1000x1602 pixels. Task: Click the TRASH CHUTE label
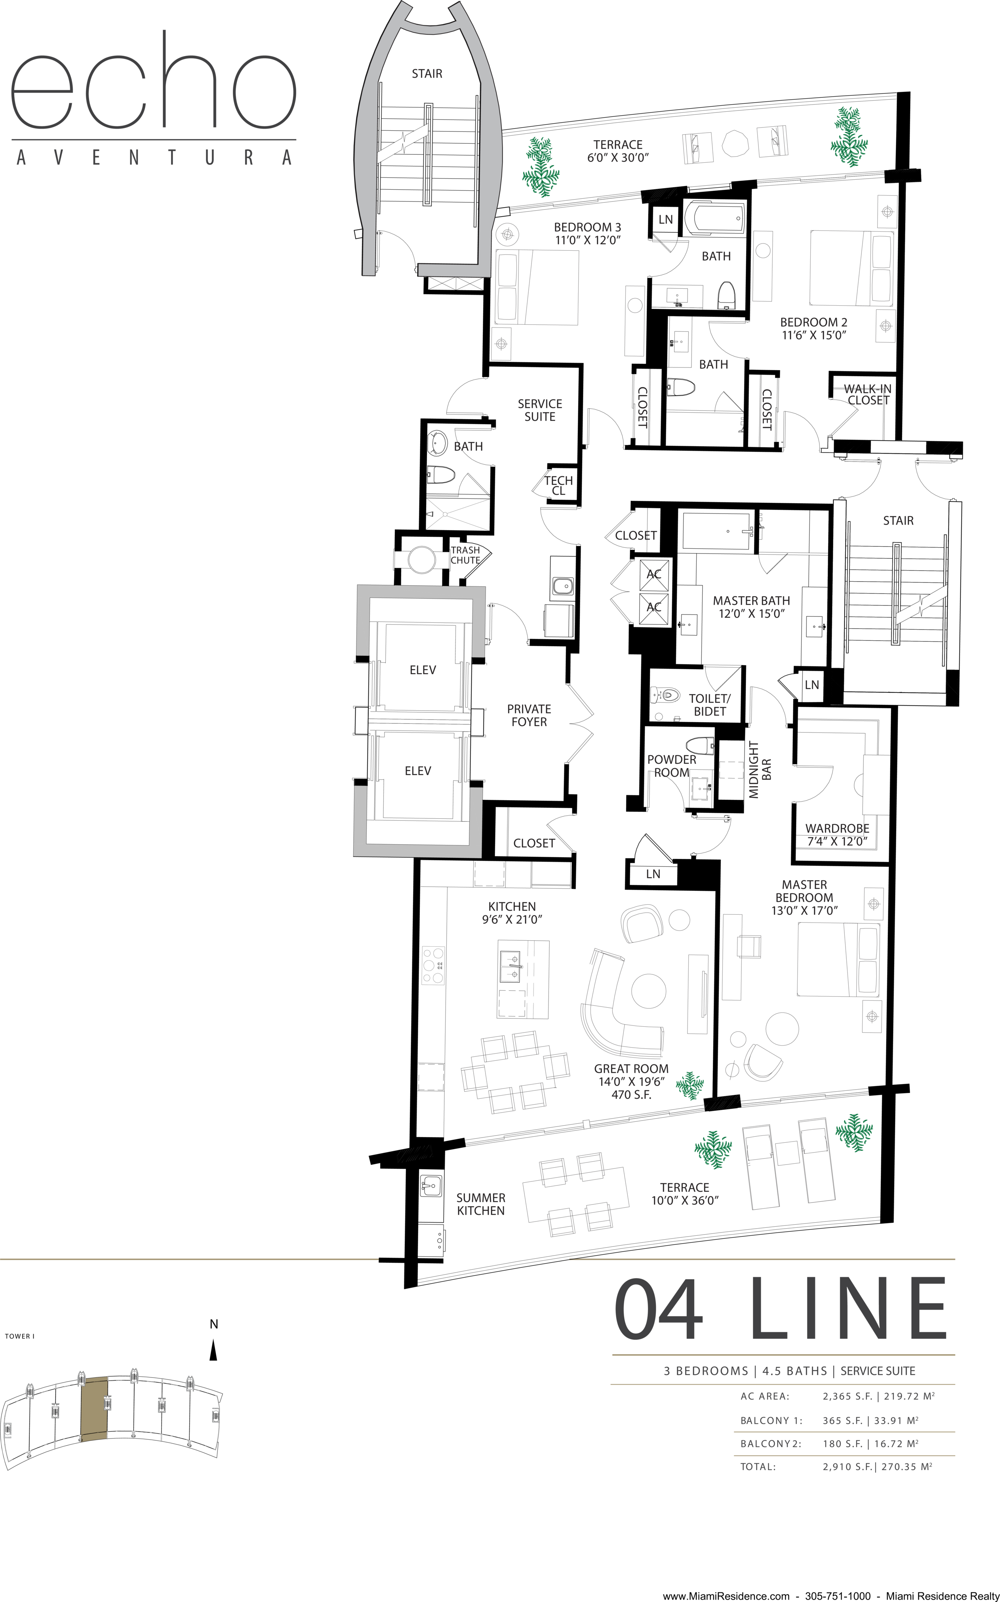tap(466, 555)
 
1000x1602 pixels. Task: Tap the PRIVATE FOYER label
tap(529, 715)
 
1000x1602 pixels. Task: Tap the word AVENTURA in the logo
tap(153, 157)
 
